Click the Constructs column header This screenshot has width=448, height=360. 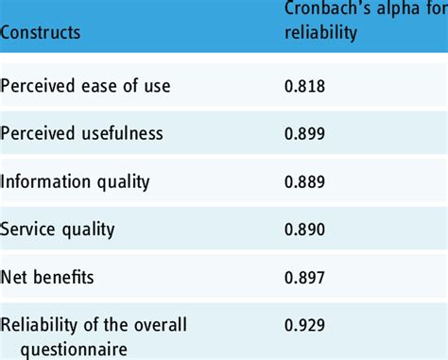tap(41, 32)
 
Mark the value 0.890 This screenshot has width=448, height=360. tap(303, 228)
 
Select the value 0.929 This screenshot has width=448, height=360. tap(303, 325)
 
